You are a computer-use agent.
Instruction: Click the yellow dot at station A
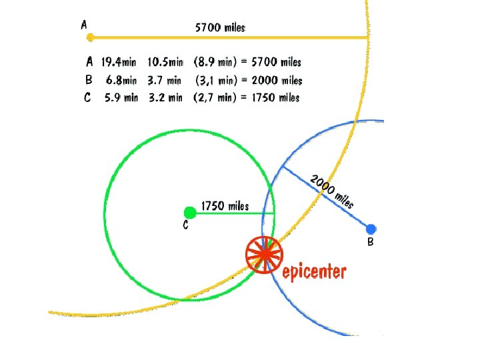point(90,37)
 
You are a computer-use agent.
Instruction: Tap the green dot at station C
point(189,212)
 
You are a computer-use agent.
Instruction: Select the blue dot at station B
point(371,229)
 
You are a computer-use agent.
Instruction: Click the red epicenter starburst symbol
point(264,255)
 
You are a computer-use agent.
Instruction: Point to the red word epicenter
point(314,271)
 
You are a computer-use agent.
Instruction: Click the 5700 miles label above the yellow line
point(221,27)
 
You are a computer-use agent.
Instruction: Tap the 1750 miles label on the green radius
point(225,205)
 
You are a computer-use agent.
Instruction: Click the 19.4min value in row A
point(119,62)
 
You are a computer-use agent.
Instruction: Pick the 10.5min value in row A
point(165,62)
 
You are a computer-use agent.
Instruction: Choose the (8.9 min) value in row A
point(213,62)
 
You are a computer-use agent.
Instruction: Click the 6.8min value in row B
point(121,80)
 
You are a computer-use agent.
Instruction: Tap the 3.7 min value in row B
point(165,80)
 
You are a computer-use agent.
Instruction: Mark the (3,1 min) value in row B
point(215,80)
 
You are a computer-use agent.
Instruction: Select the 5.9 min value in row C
point(121,97)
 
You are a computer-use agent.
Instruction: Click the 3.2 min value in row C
point(165,97)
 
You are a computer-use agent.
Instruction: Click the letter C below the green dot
point(185,225)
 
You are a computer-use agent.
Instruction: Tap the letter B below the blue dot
point(371,243)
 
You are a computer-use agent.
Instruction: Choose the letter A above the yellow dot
point(84,25)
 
